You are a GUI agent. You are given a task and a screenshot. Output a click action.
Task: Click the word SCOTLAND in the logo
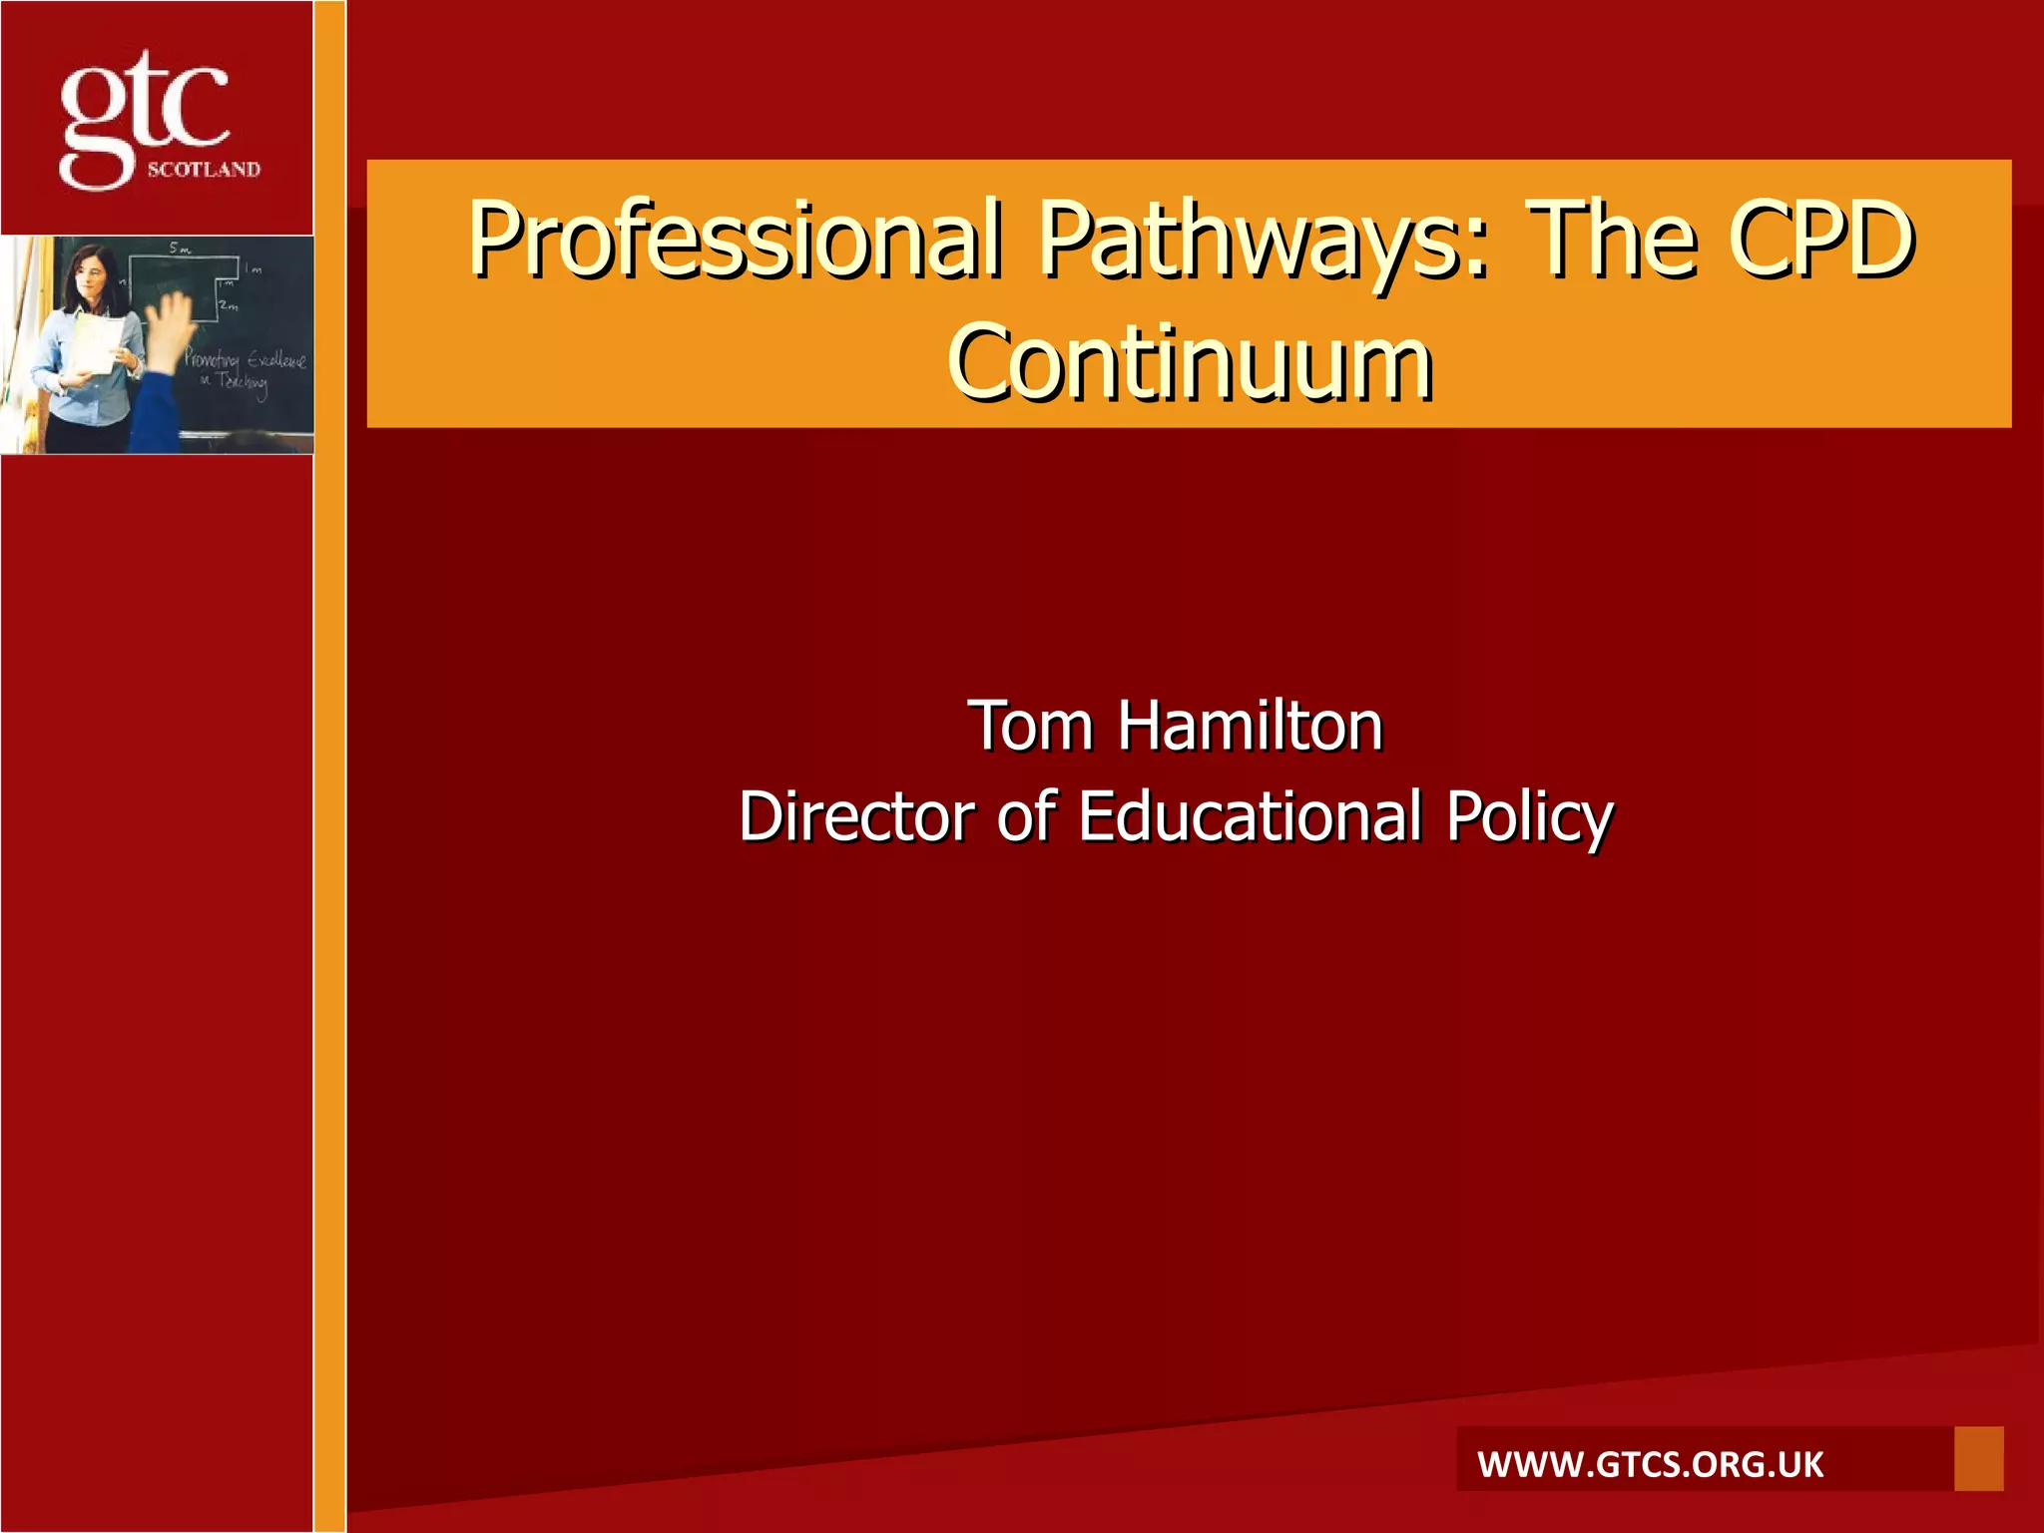point(204,170)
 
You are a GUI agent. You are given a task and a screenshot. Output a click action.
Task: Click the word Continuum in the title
point(1190,362)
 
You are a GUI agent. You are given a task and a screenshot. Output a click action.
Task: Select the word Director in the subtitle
point(855,816)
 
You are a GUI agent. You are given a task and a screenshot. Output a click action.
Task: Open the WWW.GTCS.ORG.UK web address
point(1650,1464)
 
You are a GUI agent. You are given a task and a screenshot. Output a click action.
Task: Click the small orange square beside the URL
point(1978,1458)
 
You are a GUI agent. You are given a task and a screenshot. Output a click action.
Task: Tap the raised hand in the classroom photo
point(170,324)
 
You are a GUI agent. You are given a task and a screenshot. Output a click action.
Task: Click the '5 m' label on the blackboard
point(180,248)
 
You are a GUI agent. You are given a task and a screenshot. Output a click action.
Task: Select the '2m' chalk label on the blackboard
point(230,306)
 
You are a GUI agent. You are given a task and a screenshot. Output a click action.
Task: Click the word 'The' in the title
point(1613,239)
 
